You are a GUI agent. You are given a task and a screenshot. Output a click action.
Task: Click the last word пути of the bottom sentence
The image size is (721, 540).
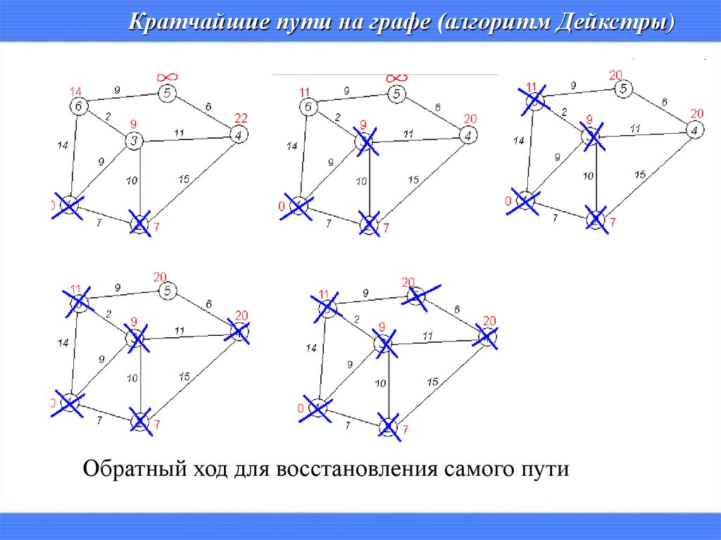[x=544, y=470]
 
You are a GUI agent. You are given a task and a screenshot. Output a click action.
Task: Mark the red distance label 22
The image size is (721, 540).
[x=242, y=117]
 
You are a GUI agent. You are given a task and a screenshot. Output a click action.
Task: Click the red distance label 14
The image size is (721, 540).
[x=76, y=91]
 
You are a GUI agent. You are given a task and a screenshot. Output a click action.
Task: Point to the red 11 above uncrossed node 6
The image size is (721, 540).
[x=305, y=92]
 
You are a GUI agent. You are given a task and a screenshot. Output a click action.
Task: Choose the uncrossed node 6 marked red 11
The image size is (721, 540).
[x=308, y=107]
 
